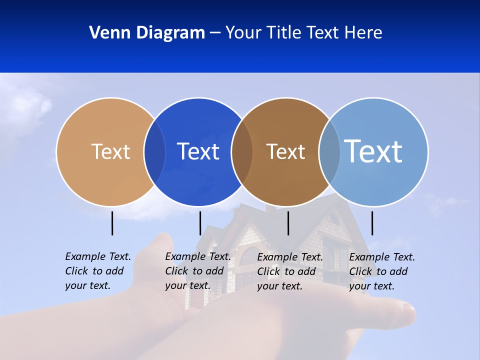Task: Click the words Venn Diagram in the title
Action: click(x=147, y=33)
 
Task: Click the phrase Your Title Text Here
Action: click(x=303, y=33)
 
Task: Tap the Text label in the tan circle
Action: click(x=110, y=151)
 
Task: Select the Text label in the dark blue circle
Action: click(x=198, y=151)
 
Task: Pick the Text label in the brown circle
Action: click(x=285, y=151)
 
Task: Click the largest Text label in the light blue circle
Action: click(x=373, y=151)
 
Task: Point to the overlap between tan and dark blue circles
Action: click(x=154, y=151)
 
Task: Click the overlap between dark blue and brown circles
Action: click(x=242, y=151)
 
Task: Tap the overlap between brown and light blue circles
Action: click(x=329, y=151)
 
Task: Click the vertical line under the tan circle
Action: click(x=112, y=223)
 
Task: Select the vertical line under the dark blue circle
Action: click(x=200, y=223)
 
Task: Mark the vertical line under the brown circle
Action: click(x=288, y=223)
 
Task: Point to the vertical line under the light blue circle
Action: click(x=372, y=223)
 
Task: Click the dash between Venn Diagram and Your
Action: click(x=215, y=33)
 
